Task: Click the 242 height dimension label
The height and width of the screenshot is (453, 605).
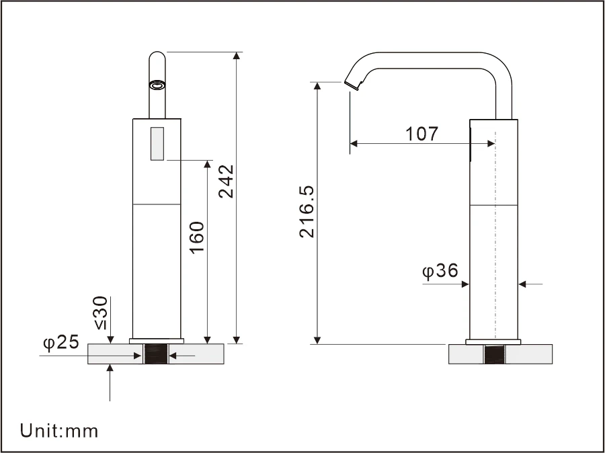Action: pyautogui.click(x=227, y=181)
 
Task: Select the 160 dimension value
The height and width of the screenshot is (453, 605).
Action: pyautogui.click(x=197, y=237)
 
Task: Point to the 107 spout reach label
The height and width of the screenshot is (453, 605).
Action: pyautogui.click(x=422, y=133)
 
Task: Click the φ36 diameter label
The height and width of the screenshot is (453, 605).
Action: pyautogui.click(x=440, y=271)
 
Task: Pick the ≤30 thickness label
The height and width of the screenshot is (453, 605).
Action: pyautogui.click(x=101, y=313)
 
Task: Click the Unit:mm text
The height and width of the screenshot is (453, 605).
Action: pyautogui.click(x=59, y=430)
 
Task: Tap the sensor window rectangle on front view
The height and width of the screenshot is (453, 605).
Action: pyautogui.click(x=158, y=144)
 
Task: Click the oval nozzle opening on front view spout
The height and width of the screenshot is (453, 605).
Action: pyautogui.click(x=157, y=85)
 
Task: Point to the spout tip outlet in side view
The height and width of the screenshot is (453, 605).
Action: pyautogui.click(x=351, y=85)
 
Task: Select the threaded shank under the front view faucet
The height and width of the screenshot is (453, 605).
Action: pyautogui.click(x=156, y=354)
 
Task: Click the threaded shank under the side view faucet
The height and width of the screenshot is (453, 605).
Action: pyautogui.click(x=495, y=354)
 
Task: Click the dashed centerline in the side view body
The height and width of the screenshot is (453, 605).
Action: pyautogui.click(x=495, y=235)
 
